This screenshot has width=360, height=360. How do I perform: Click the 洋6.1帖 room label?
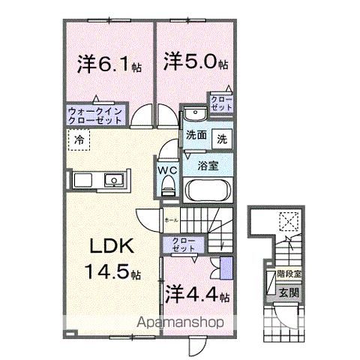[108, 65]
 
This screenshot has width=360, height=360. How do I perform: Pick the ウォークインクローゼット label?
[97, 114]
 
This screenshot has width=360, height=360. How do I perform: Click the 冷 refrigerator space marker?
[78, 139]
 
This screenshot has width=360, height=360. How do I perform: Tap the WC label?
[166, 169]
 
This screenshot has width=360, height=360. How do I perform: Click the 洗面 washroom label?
[196, 136]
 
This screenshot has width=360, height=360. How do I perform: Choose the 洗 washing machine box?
[223, 138]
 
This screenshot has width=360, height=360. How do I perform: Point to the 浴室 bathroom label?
[208, 165]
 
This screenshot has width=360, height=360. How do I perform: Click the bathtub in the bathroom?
[208, 188]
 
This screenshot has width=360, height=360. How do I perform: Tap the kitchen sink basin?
[114, 181]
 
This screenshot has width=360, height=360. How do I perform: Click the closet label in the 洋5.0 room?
[221, 103]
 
